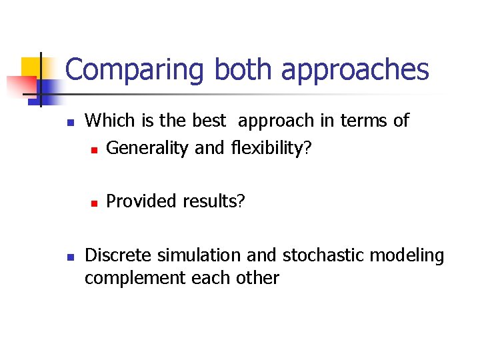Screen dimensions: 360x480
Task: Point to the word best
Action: [209, 121]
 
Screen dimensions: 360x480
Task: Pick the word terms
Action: [365, 121]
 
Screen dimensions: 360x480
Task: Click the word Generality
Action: [148, 148]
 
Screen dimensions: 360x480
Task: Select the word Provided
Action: [136, 201]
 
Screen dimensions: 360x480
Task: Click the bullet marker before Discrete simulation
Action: [70, 256]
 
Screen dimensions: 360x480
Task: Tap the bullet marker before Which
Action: [70, 122]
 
